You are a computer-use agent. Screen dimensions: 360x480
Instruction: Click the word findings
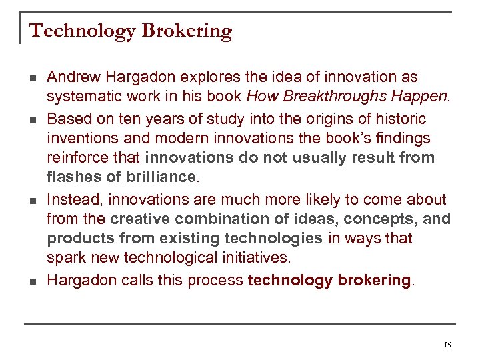pyautogui.click(x=398, y=138)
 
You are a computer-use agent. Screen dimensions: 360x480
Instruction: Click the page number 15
pyautogui.click(x=447, y=345)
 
